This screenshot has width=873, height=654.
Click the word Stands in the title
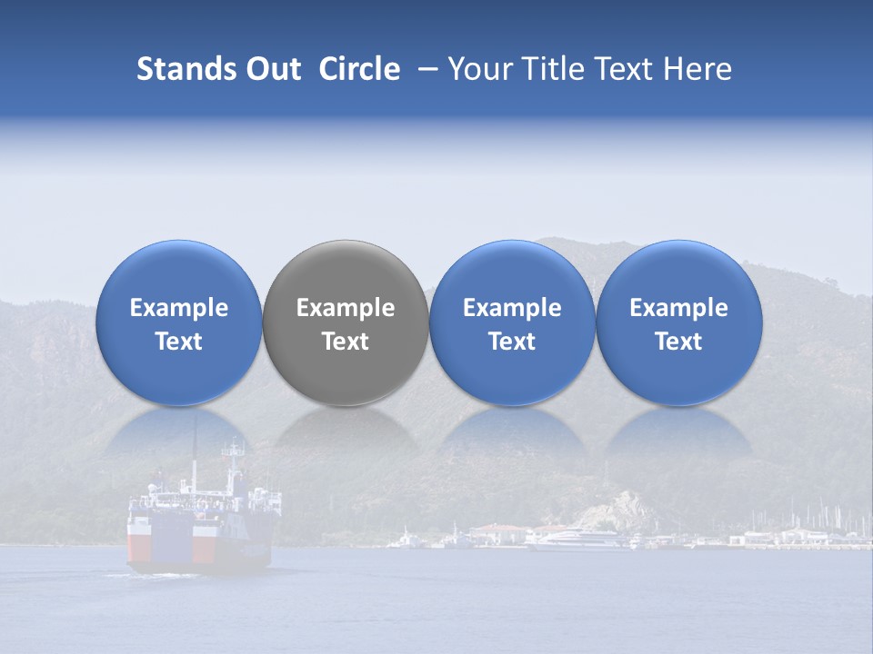click(186, 69)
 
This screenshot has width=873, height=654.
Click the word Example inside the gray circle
click(346, 308)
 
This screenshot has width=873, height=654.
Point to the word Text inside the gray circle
click(346, 342)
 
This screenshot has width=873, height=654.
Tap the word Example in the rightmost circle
click(679, 308)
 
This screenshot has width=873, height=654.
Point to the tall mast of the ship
click(194, 454)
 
